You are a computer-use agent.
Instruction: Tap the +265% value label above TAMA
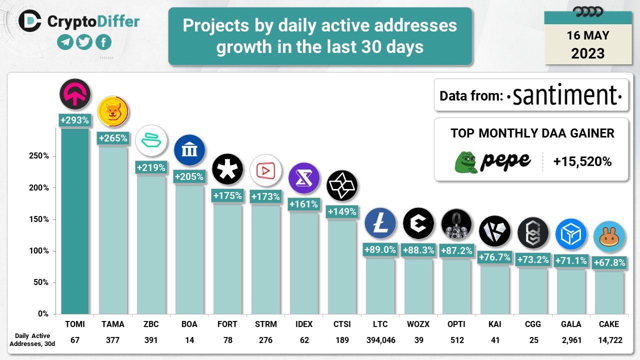click(112, 138)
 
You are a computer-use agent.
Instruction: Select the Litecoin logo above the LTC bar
click(380, 222)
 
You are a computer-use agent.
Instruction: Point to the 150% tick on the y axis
click(38, 219)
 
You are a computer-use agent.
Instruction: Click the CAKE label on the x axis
click(608, 324)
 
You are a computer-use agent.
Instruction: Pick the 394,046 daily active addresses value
click(380, 340)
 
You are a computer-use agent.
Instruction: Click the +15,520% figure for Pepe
click(582, 161)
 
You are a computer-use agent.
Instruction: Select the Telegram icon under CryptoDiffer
click(65, 42)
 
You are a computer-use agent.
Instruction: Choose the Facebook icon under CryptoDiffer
click(103, 42)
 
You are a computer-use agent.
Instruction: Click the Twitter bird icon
click(84, 42)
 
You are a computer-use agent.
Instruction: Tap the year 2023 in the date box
click(587, 53)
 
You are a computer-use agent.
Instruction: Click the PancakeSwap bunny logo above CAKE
click(608, 236)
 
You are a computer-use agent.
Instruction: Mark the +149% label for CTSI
click(342, 212)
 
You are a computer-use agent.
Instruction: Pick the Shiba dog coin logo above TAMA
click(112, 111)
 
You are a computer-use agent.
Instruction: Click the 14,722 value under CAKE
click(608, 340)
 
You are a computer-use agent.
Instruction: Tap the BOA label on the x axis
click(189, 324)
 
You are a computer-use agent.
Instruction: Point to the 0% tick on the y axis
click(42, 314)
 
